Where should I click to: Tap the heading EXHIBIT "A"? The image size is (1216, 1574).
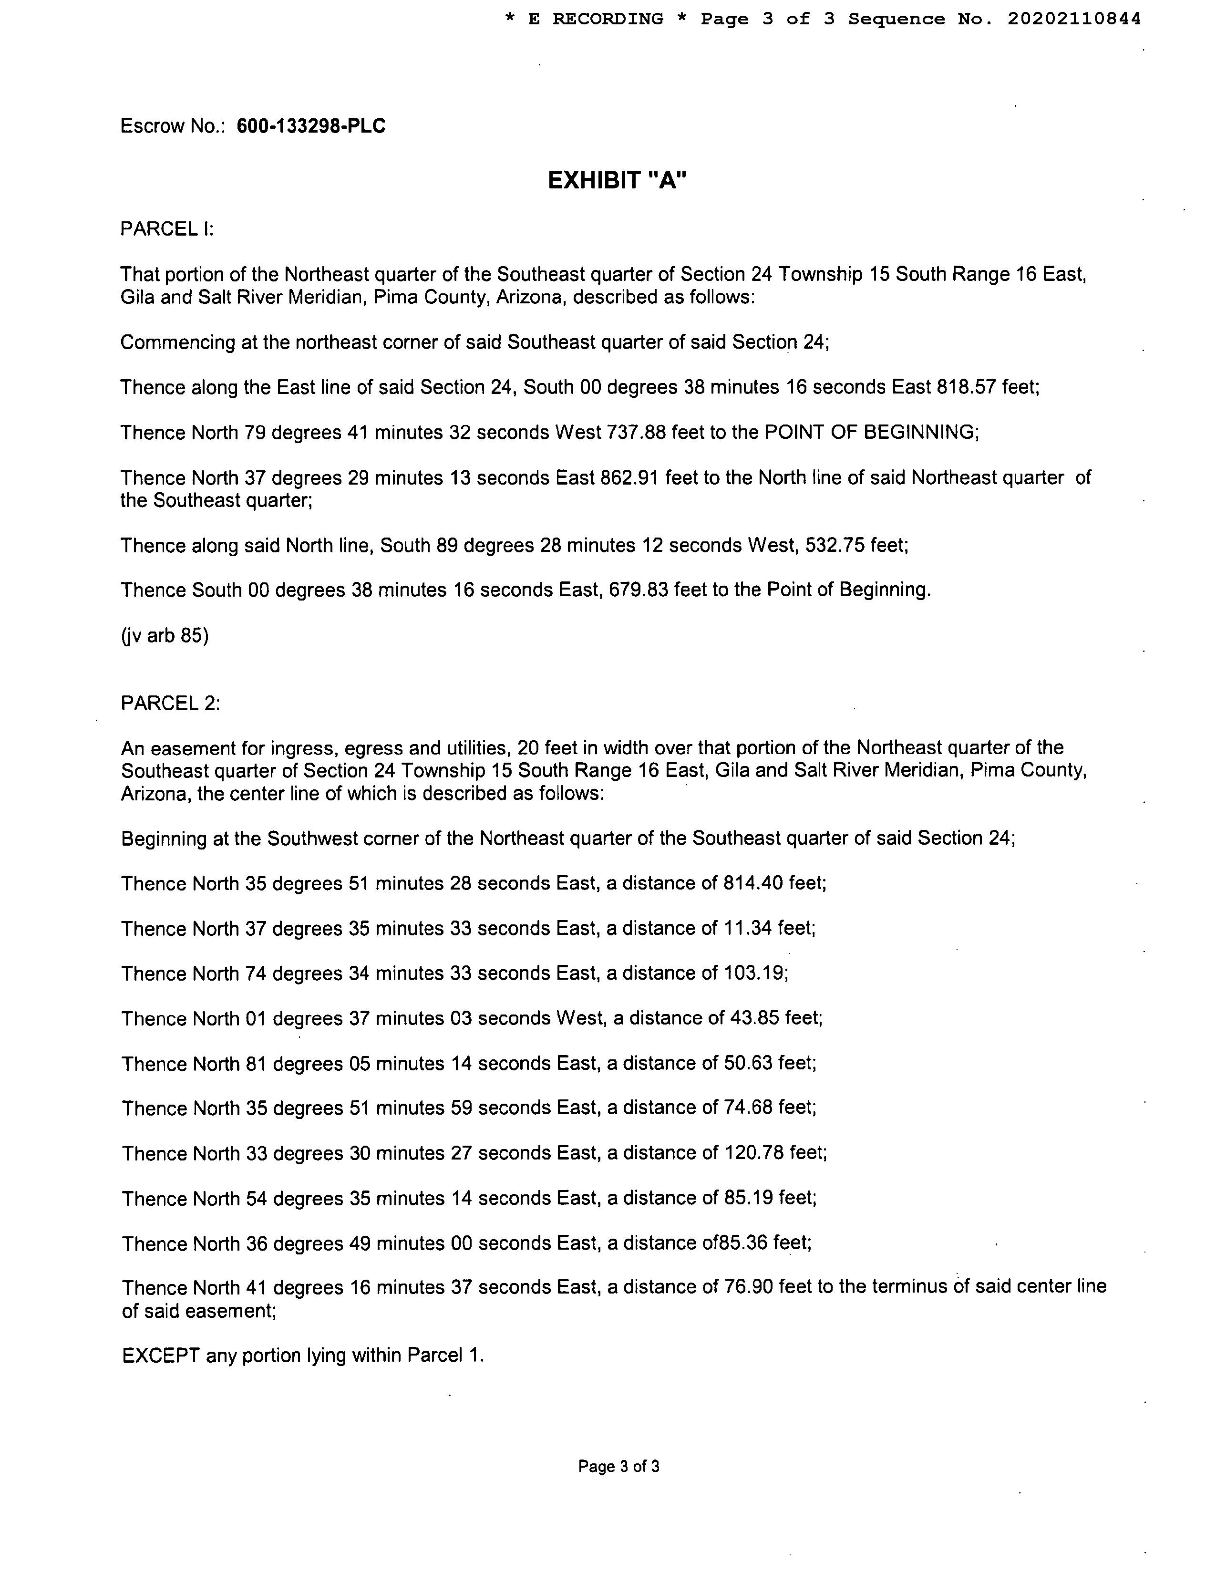pos(618,180)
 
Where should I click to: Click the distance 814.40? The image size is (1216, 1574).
pos(753,883)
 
